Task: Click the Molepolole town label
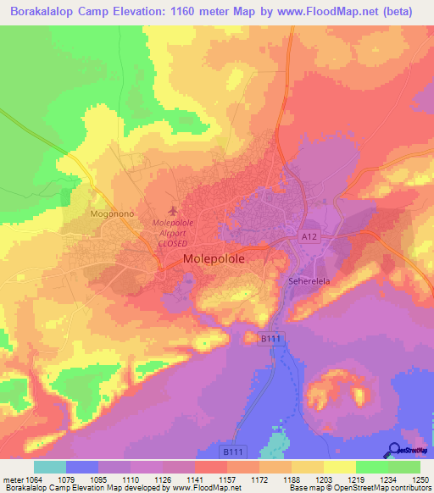pyautogui.click(x=215, y=261)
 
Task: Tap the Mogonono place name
pyautogui.click(x=109, y=215)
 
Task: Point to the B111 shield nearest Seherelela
pyautogui.click(x=270, y=338)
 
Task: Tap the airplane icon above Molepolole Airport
pyautogui.click(x=174, y=210)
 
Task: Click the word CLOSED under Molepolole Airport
pyautogui.click(x=173, y=241)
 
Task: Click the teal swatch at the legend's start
pyautogui.click(x=50, y=467)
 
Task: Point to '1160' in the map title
pyautogui.click(x=179, y=11)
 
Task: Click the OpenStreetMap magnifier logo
pyautogui.click(x=394, y=449)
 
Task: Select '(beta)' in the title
pyautogui.click(x=406, y=11)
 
